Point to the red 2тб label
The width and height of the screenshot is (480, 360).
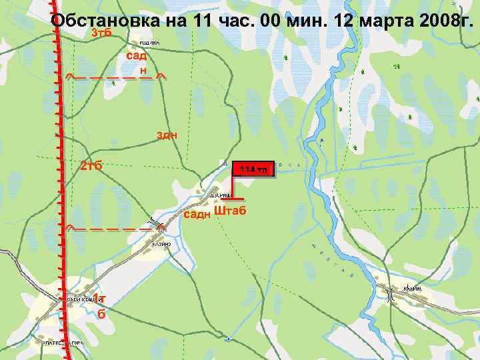click(x=91, y=165)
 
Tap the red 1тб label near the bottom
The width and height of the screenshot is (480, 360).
click(x=99, y=305)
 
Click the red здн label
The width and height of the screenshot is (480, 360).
click(x=167, y=135)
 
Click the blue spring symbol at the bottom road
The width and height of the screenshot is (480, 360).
click(x=229, y=339)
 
